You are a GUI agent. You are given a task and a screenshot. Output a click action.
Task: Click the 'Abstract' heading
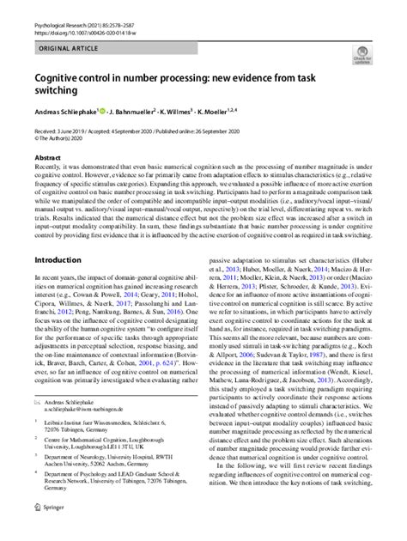tap(47, 158)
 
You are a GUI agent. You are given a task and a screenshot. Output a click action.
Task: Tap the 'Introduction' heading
tap(58, 258)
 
